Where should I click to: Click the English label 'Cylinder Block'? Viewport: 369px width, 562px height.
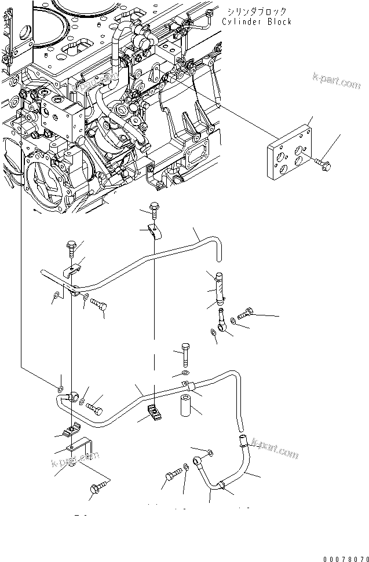point(257,22)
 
